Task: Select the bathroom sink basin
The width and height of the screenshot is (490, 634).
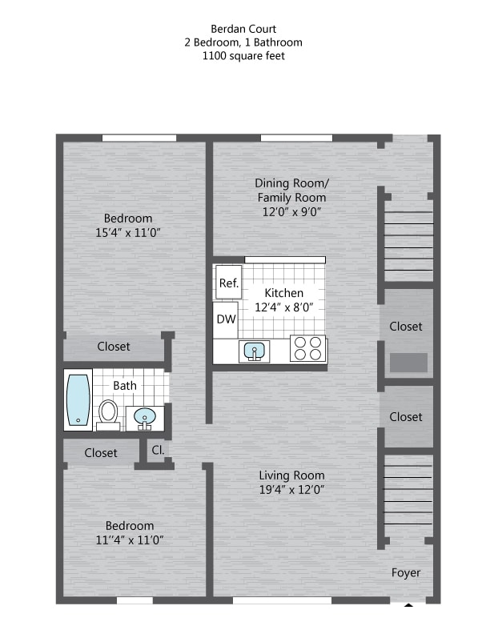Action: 145,416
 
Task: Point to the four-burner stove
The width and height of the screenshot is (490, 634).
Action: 307,349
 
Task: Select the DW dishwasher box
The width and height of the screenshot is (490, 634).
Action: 225,319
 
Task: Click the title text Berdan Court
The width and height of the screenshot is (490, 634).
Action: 244,29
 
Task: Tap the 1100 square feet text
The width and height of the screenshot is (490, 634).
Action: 244,56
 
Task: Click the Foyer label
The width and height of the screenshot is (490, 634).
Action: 405,572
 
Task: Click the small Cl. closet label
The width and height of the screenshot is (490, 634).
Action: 158,451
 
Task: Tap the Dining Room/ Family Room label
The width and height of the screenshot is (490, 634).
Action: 291,191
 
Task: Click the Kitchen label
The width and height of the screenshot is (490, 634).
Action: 283,293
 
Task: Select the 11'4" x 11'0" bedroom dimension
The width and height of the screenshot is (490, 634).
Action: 129,540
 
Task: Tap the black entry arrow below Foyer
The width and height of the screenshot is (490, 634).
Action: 408,605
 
